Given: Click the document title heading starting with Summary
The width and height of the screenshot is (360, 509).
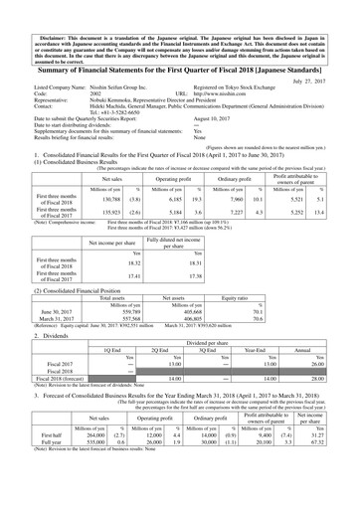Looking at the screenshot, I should (180, 53).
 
